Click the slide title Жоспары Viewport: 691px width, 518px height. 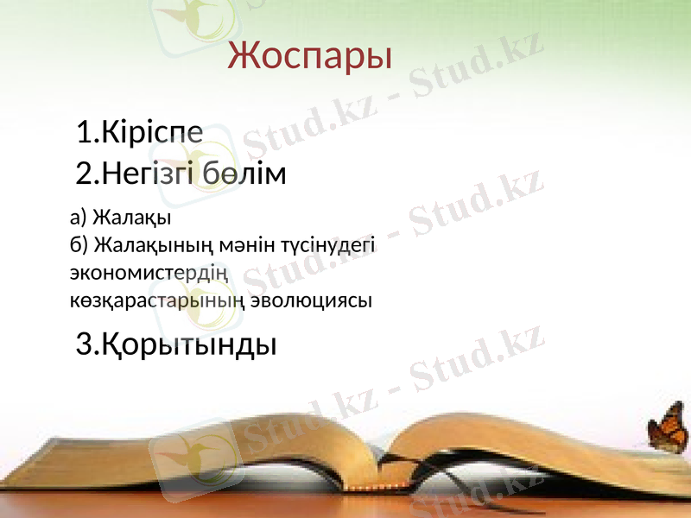[310, 56]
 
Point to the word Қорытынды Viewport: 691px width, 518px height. [189, 345]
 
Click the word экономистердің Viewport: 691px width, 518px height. [149, 273]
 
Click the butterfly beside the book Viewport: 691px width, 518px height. [667, 429]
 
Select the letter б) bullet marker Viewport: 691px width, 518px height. [78, 244]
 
